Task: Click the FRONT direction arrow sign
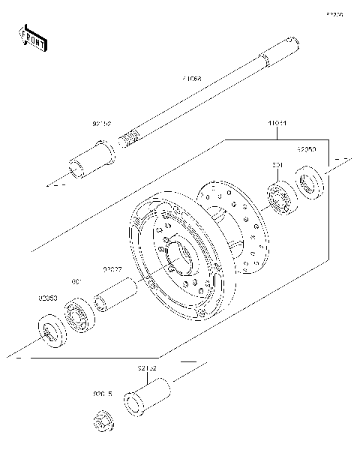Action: coord(32,37)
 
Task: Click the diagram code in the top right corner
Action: coord(334,14)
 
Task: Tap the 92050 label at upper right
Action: coord(307,149)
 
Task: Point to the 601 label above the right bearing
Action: coord(276,164)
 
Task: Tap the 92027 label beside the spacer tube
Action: coord(112,270)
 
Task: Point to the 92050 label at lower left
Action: coord(47,298)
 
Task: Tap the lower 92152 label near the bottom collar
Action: coord(146,368)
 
